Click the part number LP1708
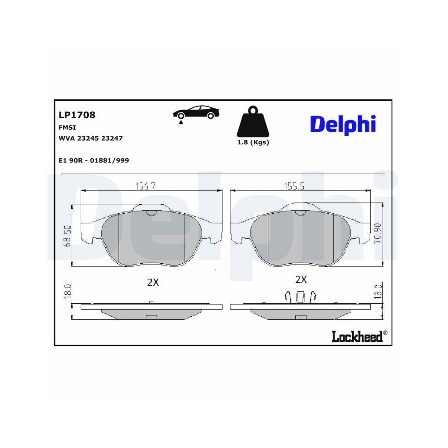tap(77, 115)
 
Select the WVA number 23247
tap(112, 138)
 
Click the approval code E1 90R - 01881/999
tap(94, 160)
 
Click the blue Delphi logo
tap(343, 124)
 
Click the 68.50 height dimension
tap(68, 236)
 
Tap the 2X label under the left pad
tap(153, 282)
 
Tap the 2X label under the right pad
tap(301, 280)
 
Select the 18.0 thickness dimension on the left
tap(68, 291)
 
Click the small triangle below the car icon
tap(181, 121)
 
